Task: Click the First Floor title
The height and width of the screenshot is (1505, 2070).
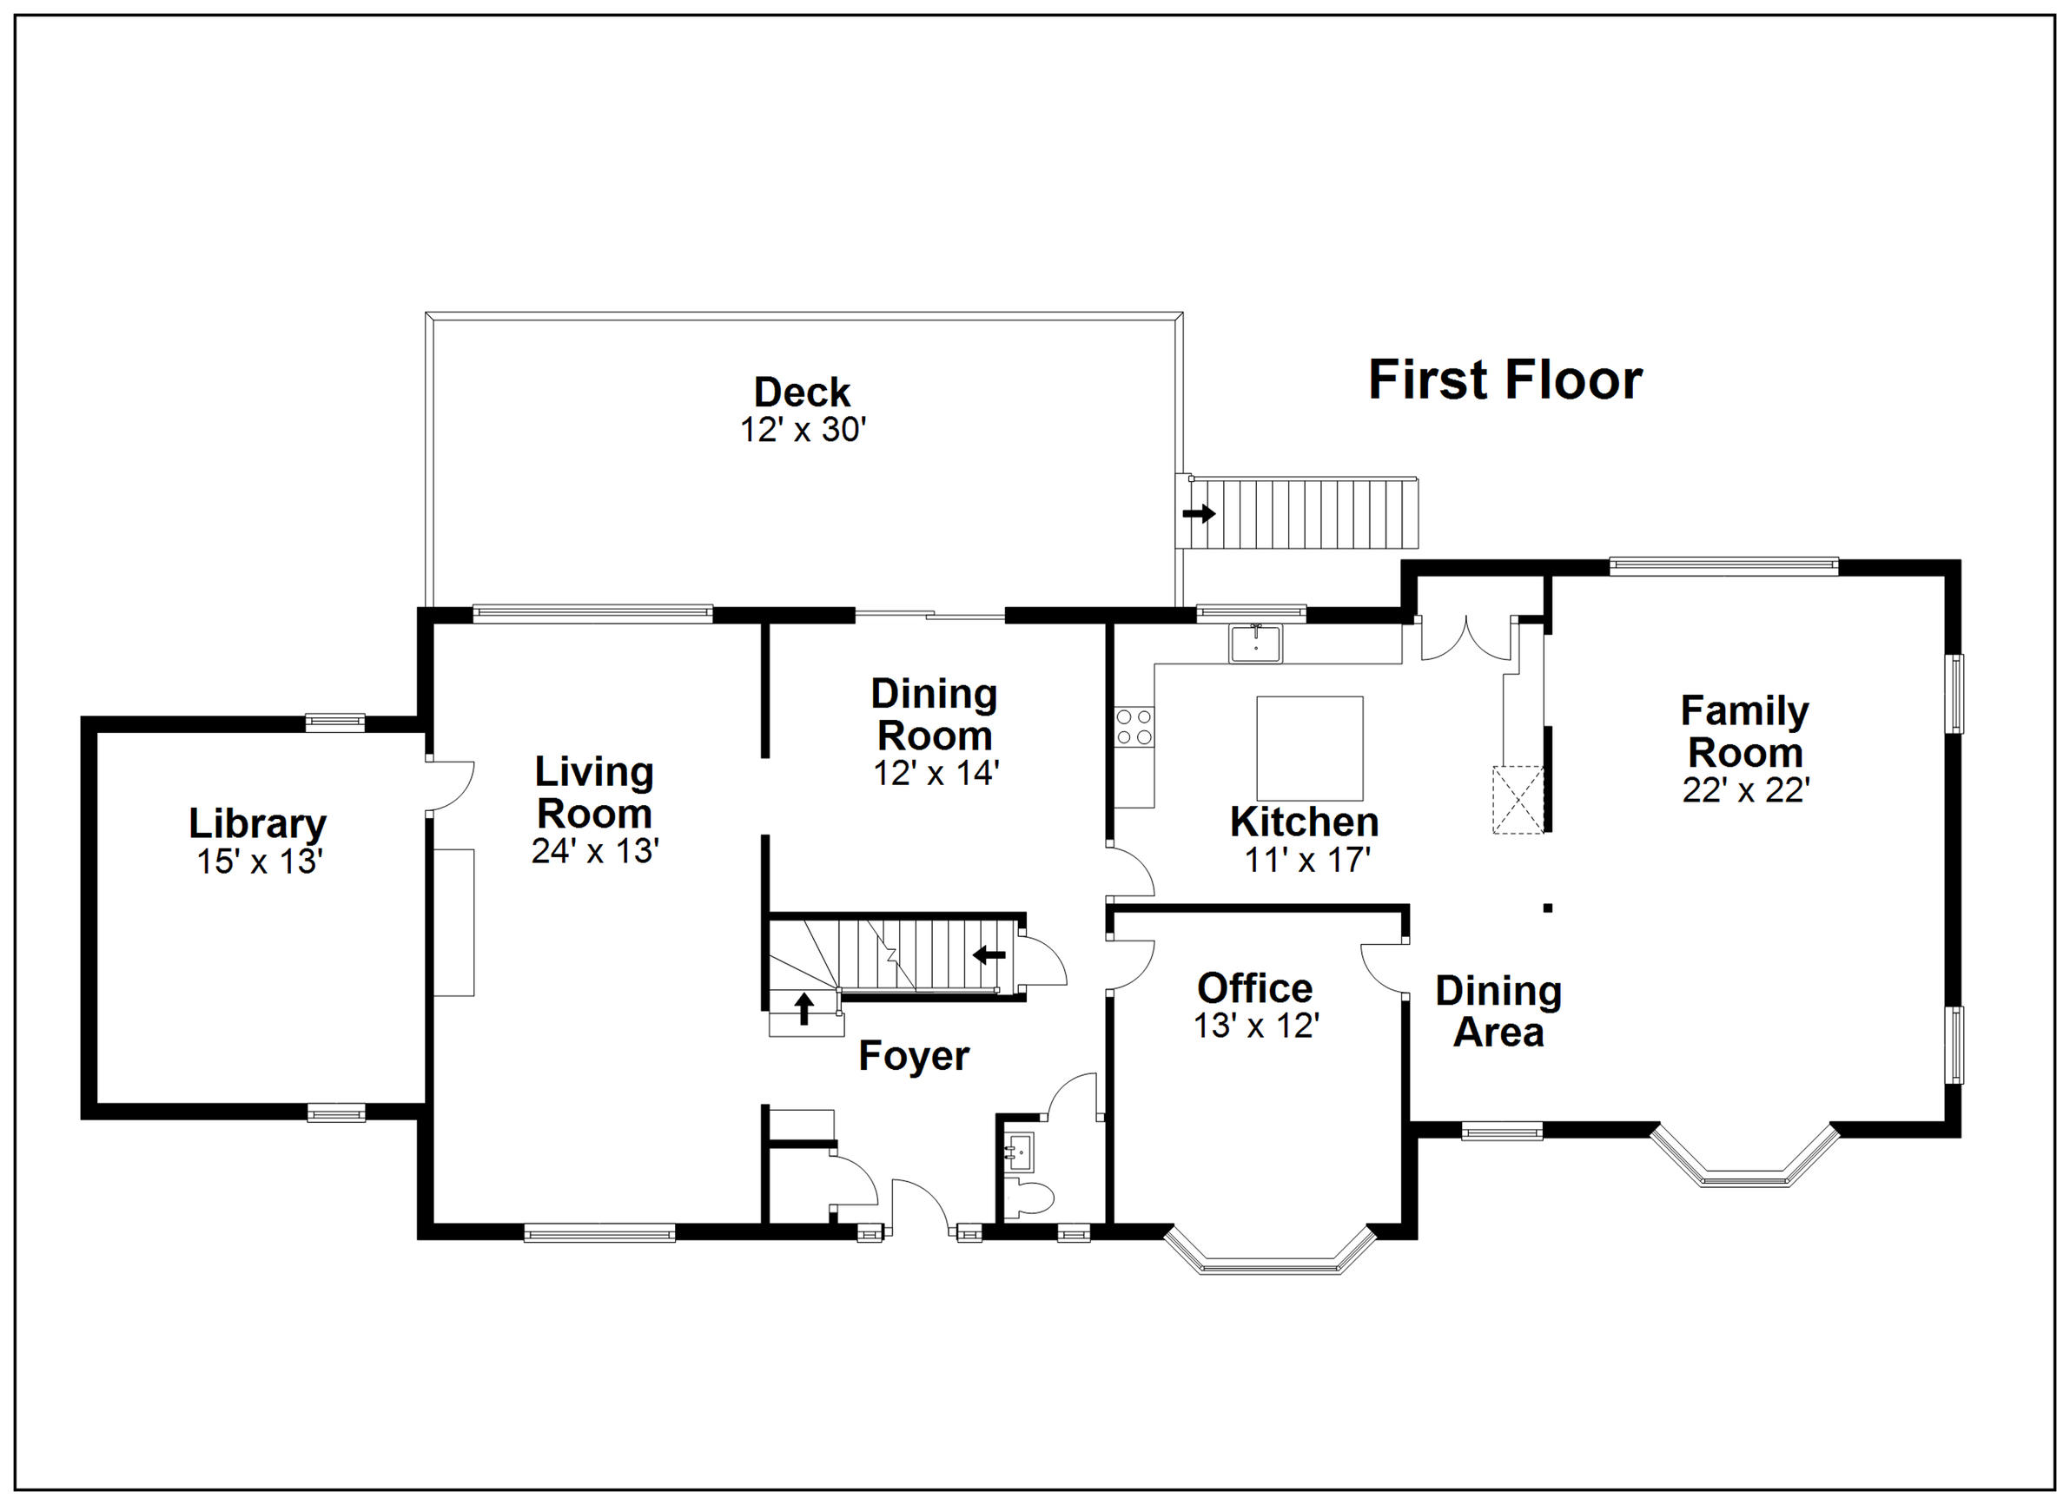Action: pos(1505,380)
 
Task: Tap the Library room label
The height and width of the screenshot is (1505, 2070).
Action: pos(257,824)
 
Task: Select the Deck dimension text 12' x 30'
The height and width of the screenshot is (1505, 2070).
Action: pos(803,429)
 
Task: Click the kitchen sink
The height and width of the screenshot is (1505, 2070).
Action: pos(1255,643)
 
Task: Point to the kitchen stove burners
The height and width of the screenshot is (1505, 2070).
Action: pos(1134,727)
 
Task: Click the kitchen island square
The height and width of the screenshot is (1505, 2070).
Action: pos(1310,749)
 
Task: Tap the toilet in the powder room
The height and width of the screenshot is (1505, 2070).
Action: pos(1029,1198)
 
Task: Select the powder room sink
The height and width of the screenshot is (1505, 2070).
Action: pos(1019,1152)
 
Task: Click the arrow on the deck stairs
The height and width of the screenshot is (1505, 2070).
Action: pos(1200,513)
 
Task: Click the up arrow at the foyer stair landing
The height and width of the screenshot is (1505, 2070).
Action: pos(804,1008)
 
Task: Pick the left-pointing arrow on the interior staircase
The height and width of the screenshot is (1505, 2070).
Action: pos(989,955)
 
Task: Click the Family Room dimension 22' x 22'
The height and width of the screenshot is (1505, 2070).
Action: pos(1746,790)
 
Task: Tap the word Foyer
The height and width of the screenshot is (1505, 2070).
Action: pos(914,1057)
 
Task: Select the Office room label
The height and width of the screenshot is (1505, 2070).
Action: pos(1255,987)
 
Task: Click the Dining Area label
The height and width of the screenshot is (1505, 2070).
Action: pos(1498,1011)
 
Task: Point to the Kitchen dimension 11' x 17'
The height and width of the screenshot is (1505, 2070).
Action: pos(1308,860)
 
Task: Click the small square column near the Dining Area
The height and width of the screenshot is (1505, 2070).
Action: pos(1548,908)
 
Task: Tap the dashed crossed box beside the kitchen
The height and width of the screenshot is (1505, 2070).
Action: pos(1518,800)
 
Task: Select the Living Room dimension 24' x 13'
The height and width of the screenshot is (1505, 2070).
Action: pos(595,850)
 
